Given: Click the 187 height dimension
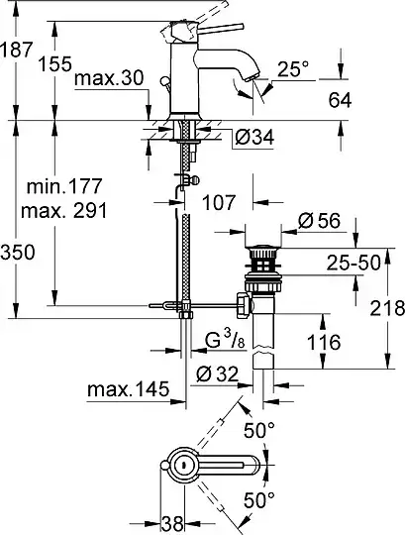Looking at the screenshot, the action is coord(16,50).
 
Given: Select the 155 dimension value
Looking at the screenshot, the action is coord(55,63).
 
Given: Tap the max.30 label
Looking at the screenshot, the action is coord(109,78).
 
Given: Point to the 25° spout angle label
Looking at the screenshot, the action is coord(293,69).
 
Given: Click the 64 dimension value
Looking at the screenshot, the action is coord(340,100).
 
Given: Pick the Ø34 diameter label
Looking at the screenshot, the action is coord(254,138).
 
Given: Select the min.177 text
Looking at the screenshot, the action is coord(64,186).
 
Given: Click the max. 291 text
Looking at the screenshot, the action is coord(63,210).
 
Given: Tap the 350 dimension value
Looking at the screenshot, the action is coord(18,253).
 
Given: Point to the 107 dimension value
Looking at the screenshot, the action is coord(219,202).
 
